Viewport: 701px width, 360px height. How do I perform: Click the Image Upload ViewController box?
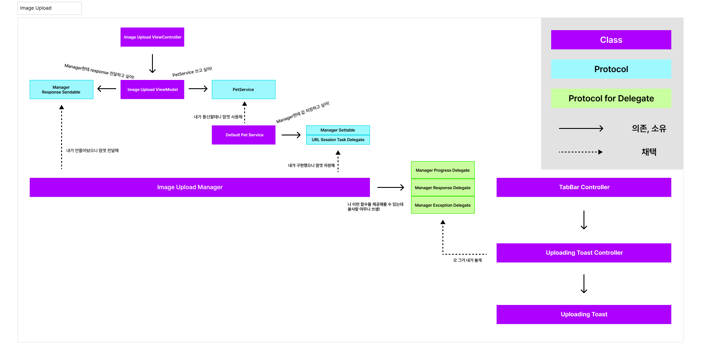152,37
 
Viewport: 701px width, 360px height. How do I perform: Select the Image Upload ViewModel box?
152,90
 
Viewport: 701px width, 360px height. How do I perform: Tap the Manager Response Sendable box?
61,90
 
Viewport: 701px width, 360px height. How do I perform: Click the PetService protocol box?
243,90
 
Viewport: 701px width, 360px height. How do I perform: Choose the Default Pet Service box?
243,135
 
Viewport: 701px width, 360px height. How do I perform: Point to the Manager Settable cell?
338,130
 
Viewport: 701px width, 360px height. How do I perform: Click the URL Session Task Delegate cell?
338,140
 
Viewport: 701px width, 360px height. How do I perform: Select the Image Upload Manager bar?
200,187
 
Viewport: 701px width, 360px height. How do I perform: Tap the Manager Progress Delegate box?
443,170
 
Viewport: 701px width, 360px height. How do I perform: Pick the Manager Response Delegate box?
443,187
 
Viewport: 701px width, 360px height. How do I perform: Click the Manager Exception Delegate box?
443,205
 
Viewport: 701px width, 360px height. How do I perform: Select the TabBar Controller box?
584,187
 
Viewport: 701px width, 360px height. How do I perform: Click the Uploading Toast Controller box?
584,253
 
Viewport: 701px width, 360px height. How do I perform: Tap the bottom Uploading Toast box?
584,314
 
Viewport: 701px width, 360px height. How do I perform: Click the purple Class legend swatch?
611,40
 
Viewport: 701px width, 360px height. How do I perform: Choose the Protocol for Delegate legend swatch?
611,98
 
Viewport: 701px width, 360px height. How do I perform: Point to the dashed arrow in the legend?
581,152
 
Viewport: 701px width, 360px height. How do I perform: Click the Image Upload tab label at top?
36,8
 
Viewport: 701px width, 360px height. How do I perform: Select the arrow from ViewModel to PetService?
198,89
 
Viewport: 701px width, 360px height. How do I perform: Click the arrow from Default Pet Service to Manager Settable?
291,135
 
